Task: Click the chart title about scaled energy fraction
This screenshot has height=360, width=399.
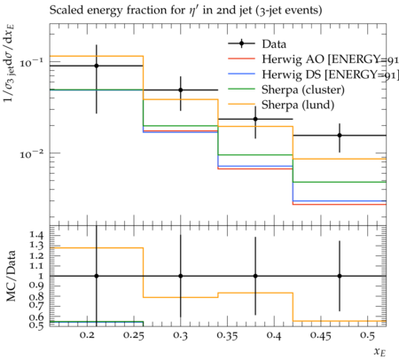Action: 185,11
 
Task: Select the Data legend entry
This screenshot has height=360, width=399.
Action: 257,44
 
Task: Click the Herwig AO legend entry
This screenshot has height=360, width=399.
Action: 313,59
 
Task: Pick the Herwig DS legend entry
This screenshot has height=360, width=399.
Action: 313,74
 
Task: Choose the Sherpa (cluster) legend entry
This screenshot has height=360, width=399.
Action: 286,90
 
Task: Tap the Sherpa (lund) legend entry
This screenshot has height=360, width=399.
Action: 281,105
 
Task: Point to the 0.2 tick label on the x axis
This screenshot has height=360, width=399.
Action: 87,335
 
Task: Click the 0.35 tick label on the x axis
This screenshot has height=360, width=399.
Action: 227,335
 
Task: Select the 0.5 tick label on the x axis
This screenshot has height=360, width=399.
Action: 367,335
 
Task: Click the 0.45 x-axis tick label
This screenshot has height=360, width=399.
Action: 321,335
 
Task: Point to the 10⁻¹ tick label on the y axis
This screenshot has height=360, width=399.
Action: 31,63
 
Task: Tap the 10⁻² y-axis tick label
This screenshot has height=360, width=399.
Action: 31,153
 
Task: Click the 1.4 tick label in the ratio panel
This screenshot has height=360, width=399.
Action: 36,236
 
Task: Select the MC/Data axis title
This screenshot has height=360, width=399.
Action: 11,276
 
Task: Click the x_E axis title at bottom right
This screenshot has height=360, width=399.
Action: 379,352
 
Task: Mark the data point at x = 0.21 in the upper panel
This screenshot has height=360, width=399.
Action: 97,66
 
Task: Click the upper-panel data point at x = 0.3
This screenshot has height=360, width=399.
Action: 181,90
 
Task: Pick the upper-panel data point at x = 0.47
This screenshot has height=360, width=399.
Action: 340,136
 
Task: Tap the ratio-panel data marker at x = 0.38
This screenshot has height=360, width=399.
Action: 255,276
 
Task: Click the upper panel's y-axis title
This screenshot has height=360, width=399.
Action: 10,64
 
